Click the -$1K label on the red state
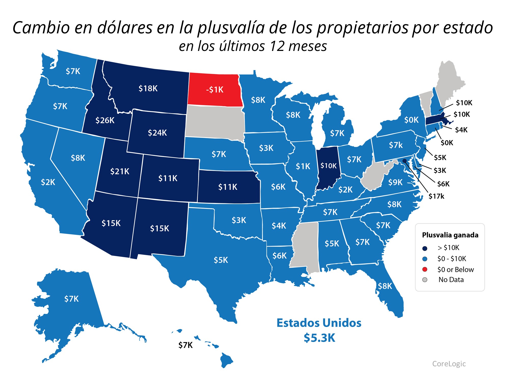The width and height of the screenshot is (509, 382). [215, 90]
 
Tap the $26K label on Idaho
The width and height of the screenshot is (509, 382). [105, 120]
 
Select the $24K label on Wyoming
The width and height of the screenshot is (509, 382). [157, 133]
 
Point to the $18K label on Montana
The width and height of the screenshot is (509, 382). [148, 88]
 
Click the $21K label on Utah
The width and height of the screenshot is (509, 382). [120, 171]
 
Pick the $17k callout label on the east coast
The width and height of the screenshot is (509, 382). [436, 196]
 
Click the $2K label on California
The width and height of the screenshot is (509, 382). [48, 182]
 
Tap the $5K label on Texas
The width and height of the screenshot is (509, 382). [221, 260]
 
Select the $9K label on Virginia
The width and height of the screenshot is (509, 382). [395, 182]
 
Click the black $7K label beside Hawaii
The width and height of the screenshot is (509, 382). [185, 345]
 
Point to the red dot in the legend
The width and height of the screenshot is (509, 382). [425, 269]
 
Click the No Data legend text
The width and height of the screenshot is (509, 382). [451, 280]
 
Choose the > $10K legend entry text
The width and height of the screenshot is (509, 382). [448, 248]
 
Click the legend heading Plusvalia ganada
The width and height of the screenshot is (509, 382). [450, 235]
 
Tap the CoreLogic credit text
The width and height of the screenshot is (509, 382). [449, 364]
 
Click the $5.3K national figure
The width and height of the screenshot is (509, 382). [319, 338]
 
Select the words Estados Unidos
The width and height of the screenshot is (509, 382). [319, 323]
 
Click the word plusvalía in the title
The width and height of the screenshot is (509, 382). [231, 28]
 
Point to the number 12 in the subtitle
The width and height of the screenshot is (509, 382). [277, 46]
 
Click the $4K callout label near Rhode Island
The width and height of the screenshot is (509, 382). [461, 130]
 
